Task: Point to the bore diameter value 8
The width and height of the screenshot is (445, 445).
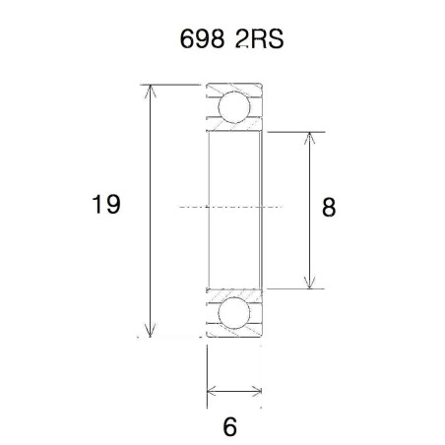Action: pyautogui.click(x=329, y=207)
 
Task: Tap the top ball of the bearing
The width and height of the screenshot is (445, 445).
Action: pyautogui.click(x=233, y=106)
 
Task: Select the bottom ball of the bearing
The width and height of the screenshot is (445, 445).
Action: pyautogui.click(x=233, y=314)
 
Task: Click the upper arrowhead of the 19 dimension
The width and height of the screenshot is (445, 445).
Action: pyautogui.click(x=151, y=92)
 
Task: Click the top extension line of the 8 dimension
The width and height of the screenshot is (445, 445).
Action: pyautogui.click(x=295, y=131)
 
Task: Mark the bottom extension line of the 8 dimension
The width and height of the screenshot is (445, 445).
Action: pyautogui.click(x=295, y=289)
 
